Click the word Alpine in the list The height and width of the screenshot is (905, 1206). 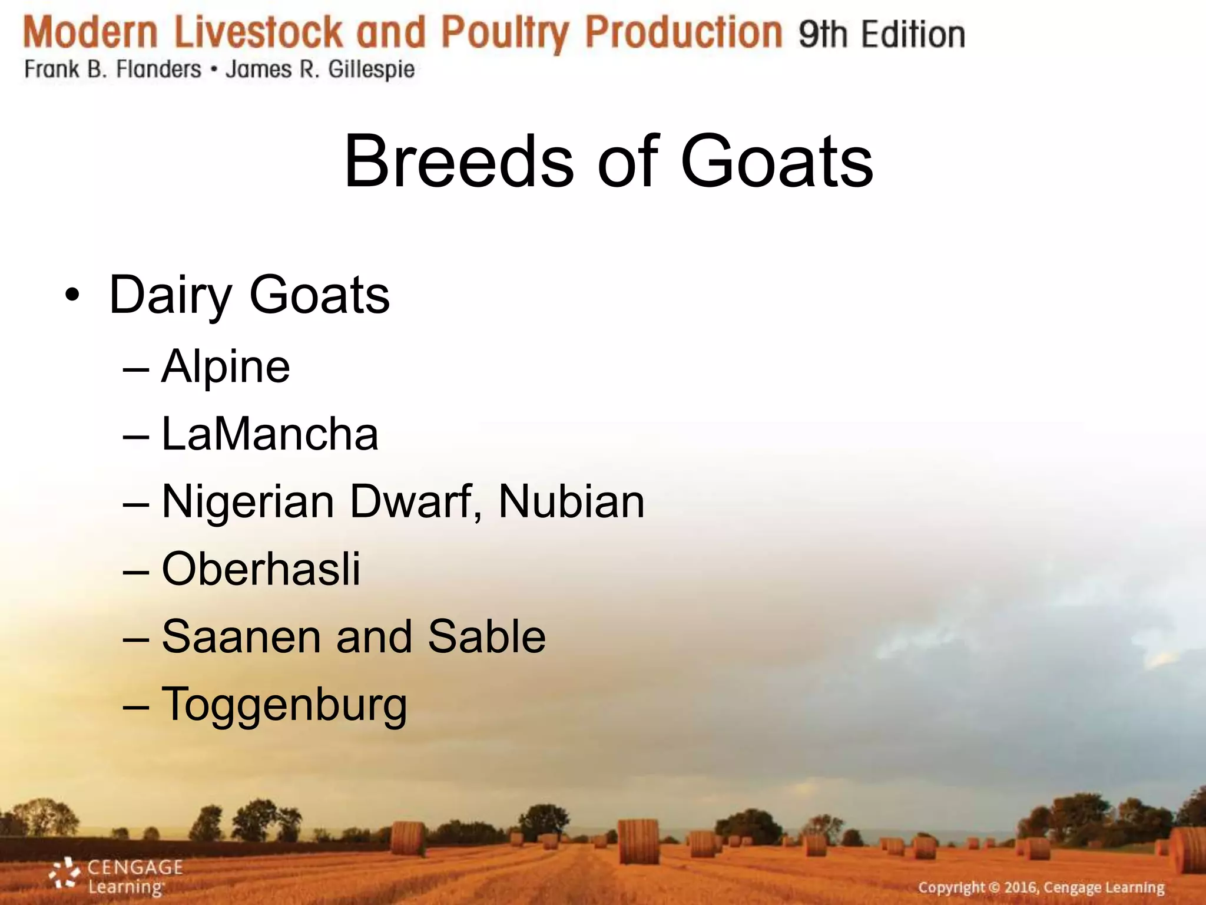[x=226, y=367]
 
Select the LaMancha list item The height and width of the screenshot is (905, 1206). [x=270, y=434]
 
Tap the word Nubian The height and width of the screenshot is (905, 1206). [x=571, y=502]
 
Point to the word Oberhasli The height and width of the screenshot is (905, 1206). [x=261, y=569]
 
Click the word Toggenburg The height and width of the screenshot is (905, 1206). [x=284, y=705]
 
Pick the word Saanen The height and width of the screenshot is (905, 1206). [x=240, y=637]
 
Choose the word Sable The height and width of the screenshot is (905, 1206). [x=487, y=637]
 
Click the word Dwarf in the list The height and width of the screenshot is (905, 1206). [x=416, y=502]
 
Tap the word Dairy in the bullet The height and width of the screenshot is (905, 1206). [x=171, y=296]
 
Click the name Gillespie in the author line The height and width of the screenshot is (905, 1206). [x=371, y=70]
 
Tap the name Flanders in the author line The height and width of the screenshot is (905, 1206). [x=158, y=70]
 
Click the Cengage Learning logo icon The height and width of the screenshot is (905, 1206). [x=64, y=874]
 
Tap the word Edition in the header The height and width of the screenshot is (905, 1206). [x=913, y=34]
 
